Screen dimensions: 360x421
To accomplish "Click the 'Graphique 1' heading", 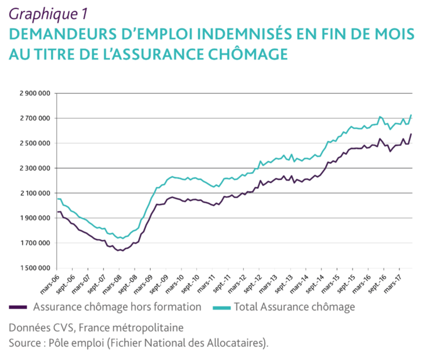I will (x=48, y=14).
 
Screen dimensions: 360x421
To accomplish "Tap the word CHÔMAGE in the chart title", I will (x=248, y=54).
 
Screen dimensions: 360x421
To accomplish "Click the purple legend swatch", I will (x=18, y=307).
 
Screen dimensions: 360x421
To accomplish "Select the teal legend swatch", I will (x=222, y=307).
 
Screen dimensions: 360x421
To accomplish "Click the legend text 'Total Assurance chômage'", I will (x=294, y=307).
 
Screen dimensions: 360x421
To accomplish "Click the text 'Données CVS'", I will (x=41, y=328).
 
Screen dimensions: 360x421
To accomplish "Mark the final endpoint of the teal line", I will (x=411, y=115).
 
